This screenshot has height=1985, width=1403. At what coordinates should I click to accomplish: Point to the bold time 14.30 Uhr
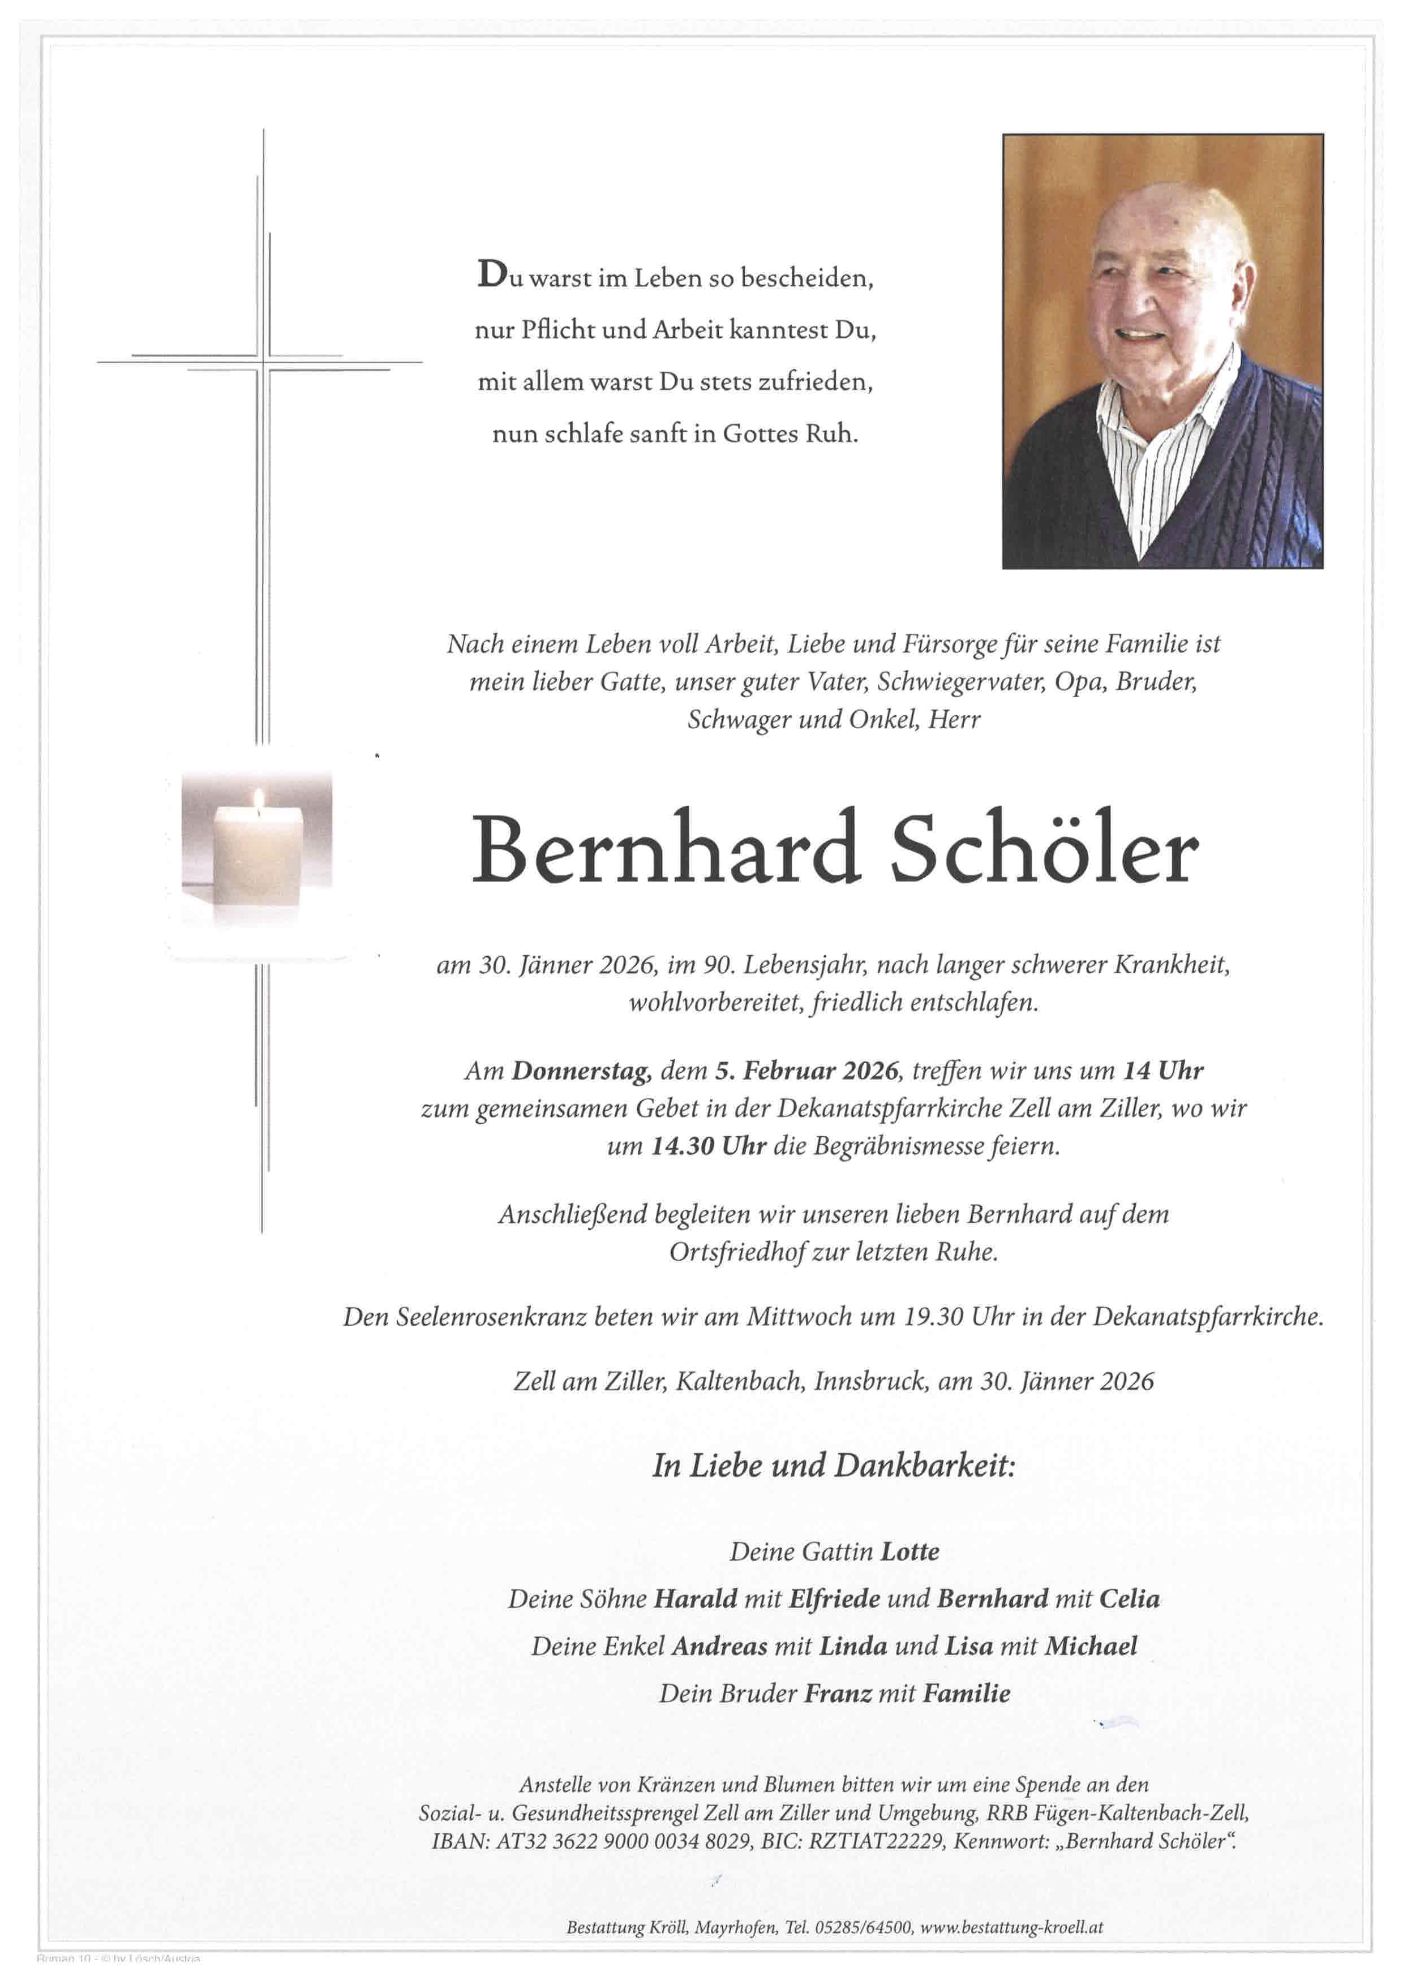click(709, 1146)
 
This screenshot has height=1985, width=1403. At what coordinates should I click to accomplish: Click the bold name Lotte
click(909, 1552)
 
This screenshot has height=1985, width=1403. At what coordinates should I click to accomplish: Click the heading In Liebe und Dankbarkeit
click(833, 1466)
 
